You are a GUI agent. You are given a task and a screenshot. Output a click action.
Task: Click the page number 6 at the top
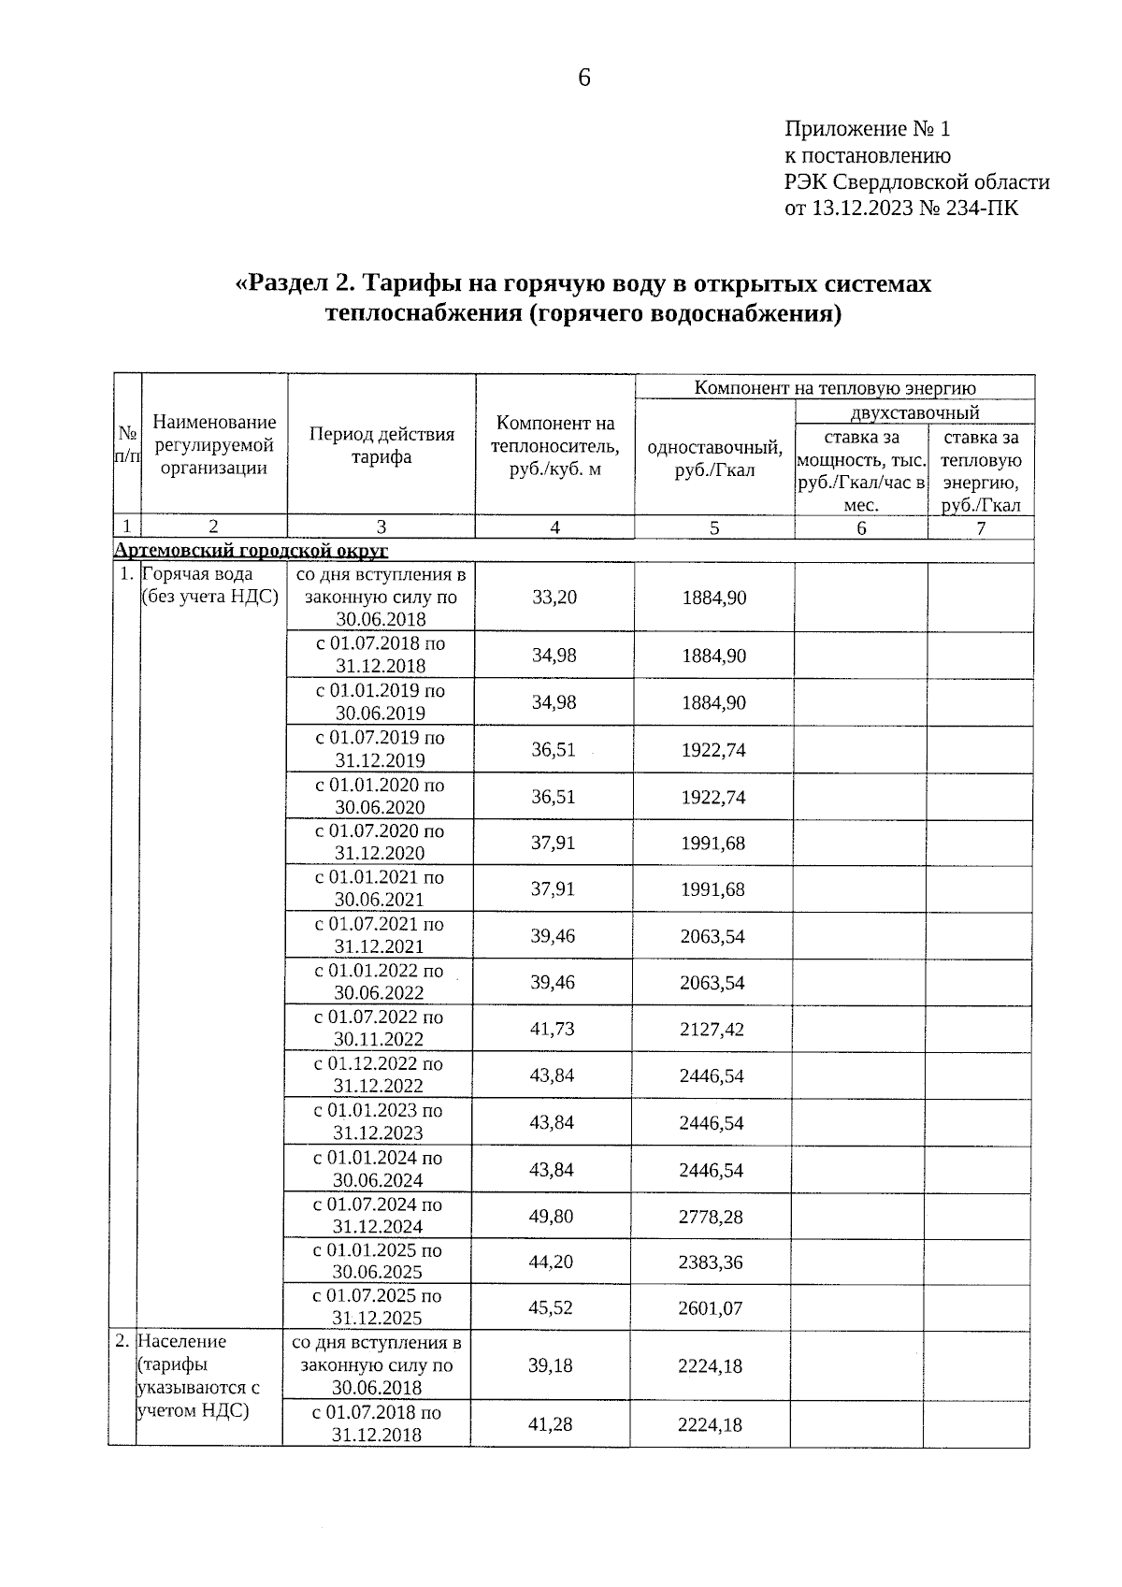pos(584,79)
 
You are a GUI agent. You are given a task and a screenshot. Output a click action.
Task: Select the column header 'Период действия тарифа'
pos(381,445)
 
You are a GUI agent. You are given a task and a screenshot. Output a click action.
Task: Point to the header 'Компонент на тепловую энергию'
pos(834,388)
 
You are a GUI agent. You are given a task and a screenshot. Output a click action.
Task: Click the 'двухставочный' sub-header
pos(914,412)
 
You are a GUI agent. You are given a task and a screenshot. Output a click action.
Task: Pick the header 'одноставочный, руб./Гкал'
pos(714,458)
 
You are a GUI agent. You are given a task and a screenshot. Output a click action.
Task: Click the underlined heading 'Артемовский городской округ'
pos(251,550)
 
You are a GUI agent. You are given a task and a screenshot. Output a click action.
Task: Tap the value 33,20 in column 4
pos(554,597)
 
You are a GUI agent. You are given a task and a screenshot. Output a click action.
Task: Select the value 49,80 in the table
pos(552,1216)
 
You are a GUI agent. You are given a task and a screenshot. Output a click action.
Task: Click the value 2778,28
pos(712,1217)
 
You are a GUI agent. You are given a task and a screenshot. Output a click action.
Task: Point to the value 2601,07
pos(712,1307)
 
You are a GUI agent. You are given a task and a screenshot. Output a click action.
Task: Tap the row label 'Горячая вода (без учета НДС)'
pos(209,585)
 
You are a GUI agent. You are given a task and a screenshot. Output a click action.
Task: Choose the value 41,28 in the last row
pos(551,1424)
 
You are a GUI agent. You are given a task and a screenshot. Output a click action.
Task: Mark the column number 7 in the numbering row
pos(981,527)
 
